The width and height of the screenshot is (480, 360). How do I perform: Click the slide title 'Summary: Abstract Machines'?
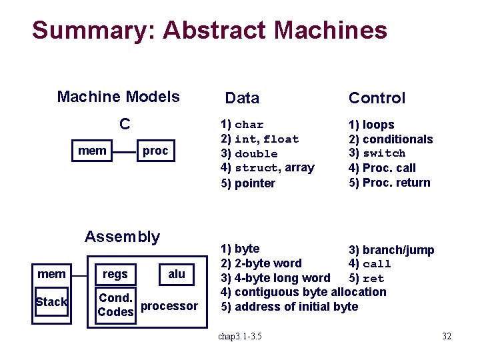(209, 31)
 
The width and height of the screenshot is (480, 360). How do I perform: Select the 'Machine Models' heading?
(118, 97)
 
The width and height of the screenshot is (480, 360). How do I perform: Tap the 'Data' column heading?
(242, 99)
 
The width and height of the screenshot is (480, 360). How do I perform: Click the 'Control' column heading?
(377, 99)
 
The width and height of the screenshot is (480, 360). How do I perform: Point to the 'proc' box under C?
(155, 151)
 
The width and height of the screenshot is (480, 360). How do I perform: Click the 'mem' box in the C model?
(92, 151)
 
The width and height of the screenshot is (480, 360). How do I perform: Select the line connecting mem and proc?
(125, 151)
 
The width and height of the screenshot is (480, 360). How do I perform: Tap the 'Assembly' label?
(122, 237)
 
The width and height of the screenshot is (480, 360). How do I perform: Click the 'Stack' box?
(51, 302)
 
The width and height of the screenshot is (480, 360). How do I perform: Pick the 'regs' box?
(115, 274)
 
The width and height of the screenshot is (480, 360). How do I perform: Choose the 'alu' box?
(177, 273)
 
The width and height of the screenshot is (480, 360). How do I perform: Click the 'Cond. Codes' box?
(115, 305)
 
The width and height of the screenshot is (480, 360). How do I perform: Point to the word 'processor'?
(170, 306)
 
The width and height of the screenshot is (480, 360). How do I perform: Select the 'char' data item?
(249, 125)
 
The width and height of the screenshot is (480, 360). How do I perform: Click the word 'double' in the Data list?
(256, 154)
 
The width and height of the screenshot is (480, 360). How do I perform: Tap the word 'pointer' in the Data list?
(255, 183)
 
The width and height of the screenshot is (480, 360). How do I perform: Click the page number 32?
(446, 336)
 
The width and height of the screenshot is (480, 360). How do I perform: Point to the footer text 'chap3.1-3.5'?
(240, 336)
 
